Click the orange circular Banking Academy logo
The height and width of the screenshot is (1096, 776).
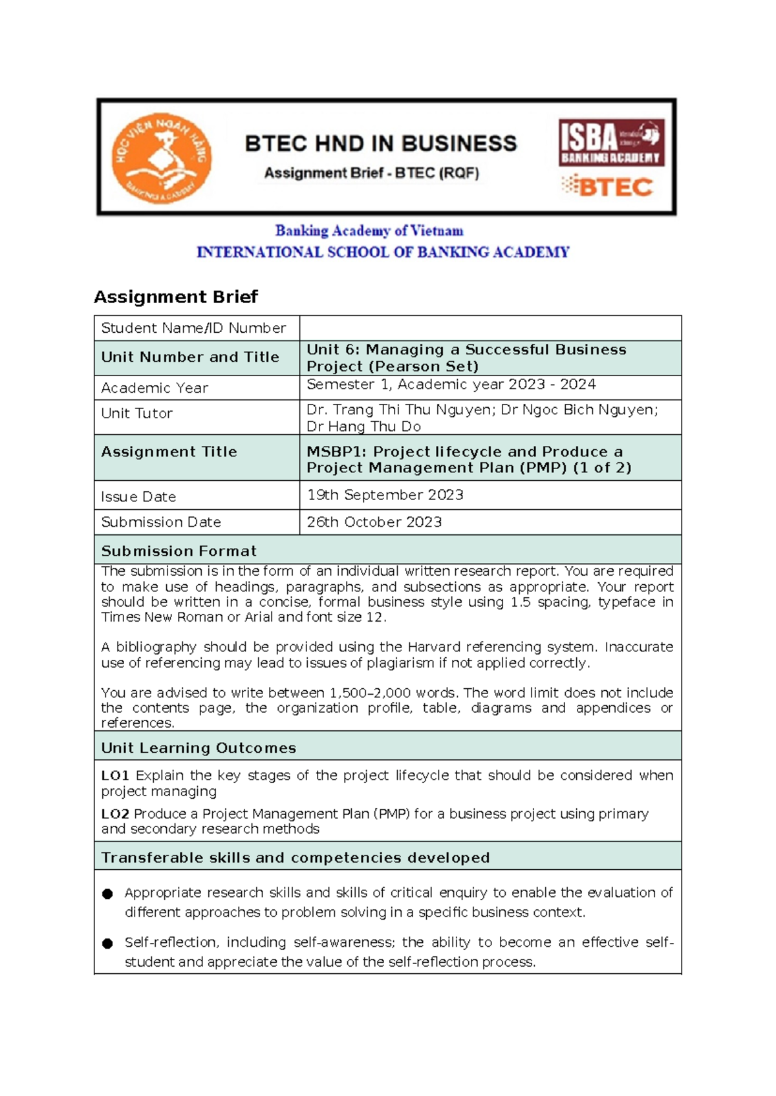pyautogui.click(x=161, y=158)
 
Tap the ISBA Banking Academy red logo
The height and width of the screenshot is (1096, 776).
pyautogui.click(x=611, y=143)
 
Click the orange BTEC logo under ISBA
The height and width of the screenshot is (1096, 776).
pyautogui.click(x=607, y=187)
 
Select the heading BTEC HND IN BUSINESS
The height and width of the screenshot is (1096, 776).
pyautogui.click(x=381, y=143)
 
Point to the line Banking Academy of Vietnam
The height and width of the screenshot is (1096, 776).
pyautogui.click(x=369, y=231)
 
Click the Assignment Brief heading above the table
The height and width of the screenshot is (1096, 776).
pyautogui.click(x=176, y=297)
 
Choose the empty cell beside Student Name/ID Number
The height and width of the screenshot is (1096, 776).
pyautogui.click(x=490, y=328)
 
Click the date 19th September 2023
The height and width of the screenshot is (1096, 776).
pyautogui.click(x=385, y=495)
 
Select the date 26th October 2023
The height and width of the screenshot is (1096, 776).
pyautogui.click(x=374, y=522)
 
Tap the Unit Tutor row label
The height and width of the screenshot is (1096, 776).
pyautogui.click(x=136, y=414)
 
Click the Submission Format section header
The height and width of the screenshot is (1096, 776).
pyautogui.click(x=179, y=551)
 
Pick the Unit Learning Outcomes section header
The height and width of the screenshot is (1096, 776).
pyautogui.click(x=199, y=748)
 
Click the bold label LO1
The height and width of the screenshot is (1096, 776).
pyautogui.click(x=115, y=775)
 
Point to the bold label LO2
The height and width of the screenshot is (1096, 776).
pyautogui.click(x=115, y=814)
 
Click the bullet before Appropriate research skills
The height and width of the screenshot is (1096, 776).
pyautogui.click(x=107, y=894)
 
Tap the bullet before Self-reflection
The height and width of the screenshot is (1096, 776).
pyautogui.click(x=107, y=943)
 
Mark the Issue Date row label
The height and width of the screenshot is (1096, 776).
pyautogui.click(x=138, y=497)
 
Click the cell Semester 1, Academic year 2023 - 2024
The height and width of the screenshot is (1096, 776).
pyautogui.click(x=451, y=385)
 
